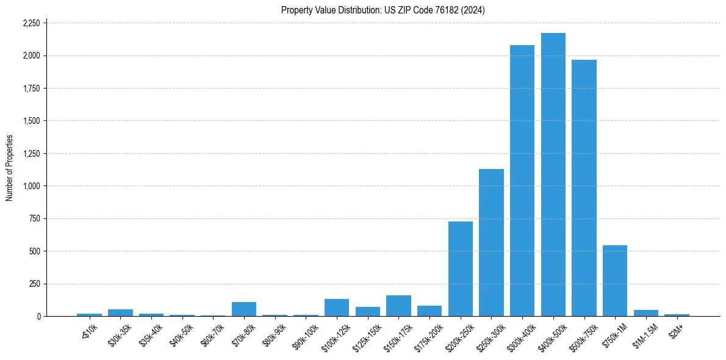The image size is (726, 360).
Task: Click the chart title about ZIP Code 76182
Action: tap(383, 10)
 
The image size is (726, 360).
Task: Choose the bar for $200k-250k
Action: tap(461, 268)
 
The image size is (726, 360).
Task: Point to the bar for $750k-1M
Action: tap(615, 281)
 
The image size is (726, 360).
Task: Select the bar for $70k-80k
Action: tap(244, 309)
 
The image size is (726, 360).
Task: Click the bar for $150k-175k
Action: tap(398, 306)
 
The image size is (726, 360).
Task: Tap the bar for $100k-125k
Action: tap(337, 308)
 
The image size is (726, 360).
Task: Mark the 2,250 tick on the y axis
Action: tap(31, 23)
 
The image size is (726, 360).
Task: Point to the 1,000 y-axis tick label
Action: tap(31, 186)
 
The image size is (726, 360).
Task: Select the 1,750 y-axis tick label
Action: tap(31, 88)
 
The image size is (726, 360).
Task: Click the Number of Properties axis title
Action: tap(9, 168)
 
